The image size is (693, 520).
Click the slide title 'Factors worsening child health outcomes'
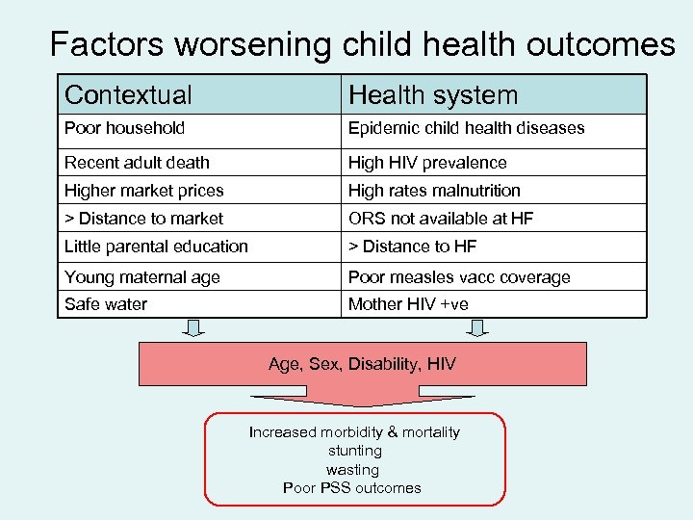click(x=362, y=43)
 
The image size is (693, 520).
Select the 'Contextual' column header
click(x=128, y=95)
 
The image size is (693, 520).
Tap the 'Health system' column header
click(x=433, y=95)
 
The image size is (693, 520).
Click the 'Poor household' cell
click(x=125, y=128)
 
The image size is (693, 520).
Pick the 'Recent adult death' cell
click(x=137, y=163)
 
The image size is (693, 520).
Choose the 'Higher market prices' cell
click(x=143, y=191)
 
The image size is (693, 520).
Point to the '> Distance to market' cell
click(x=143, y=219)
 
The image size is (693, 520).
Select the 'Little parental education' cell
click(x=156, y=247)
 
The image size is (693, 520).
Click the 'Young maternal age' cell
click(x=142, y=277)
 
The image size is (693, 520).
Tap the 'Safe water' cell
click(x=107, y=304)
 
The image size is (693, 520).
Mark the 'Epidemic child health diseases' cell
click(x=466, y=128)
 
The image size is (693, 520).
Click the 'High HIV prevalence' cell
click(x=427, y=163)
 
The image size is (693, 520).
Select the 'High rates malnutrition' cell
click(x=434, y=191)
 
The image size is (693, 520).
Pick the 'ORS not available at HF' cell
click(x=441, y=219)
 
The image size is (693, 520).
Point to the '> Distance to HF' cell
click(x=412, y=247)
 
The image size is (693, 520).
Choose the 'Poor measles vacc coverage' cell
click(x=459, y=277)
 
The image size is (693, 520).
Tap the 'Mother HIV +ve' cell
click(x=409, y=304)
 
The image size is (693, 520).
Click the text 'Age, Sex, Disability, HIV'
click(x=362, y=364)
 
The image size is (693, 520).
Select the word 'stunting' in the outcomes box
click(x=354, y=451)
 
